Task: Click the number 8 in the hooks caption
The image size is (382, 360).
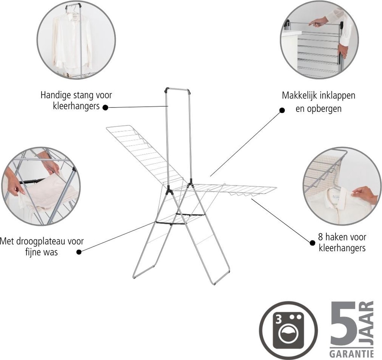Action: pyautogui.click(x=320, y=237)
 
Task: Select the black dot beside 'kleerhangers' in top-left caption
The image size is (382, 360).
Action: pyautogui.click(x=105, y=107)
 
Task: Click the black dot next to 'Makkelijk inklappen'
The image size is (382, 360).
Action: pyautogui.click(x=282, y=110)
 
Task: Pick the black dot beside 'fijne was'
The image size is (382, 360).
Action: pyautogui.click(x=79, y=252)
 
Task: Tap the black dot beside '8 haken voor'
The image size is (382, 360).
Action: pyautogui.click(x=313, y=243)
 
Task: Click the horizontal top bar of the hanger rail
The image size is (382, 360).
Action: pyautogui.click(x=178, y=89)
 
